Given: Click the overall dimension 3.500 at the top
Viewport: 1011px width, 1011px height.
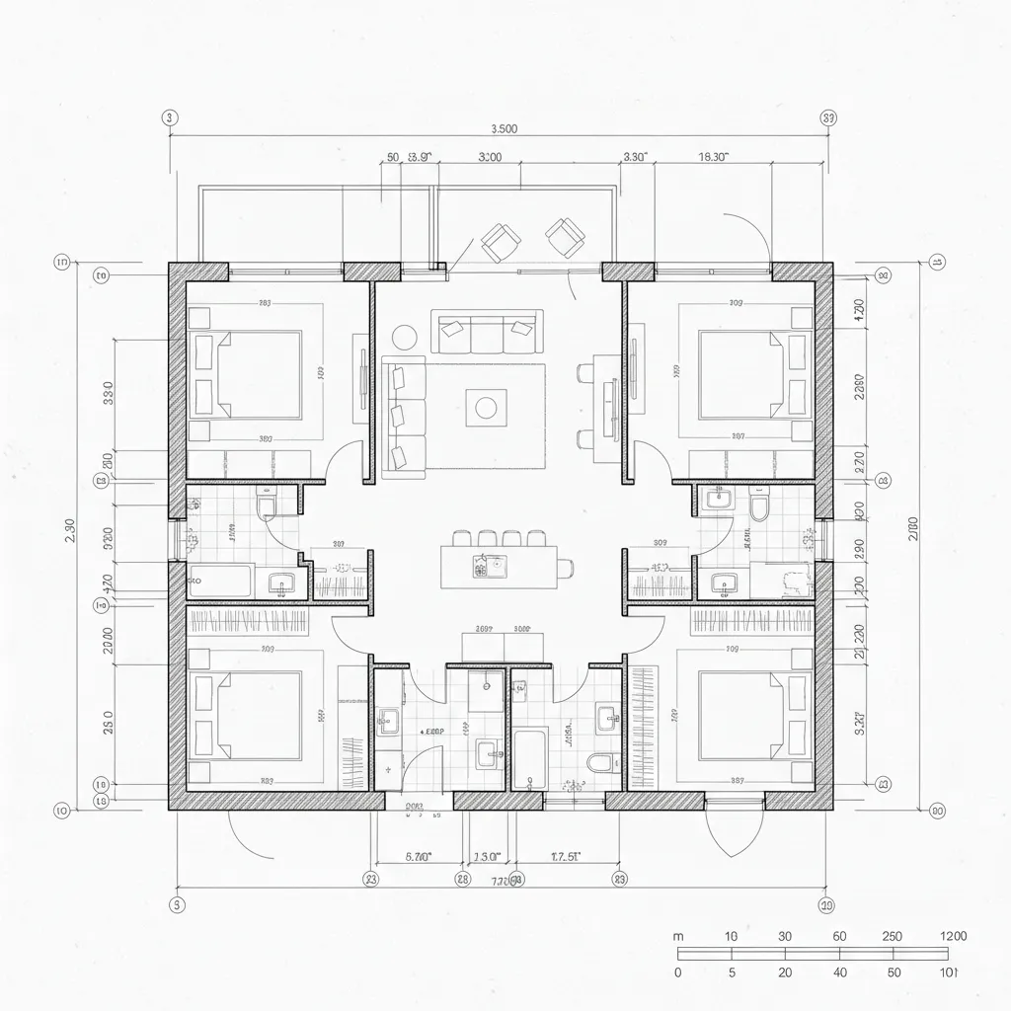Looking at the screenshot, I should pyautogui.click(x=504, y=127).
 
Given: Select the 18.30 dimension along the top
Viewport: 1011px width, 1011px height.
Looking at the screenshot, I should pyautogui.click(x=713, y=156).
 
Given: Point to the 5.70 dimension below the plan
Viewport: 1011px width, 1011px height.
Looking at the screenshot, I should pyautogui.click(x=420, y=857).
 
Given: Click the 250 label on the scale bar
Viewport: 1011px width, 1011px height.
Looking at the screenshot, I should pyautogui.click(x=892, y=936).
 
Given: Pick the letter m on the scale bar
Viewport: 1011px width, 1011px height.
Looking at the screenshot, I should pyautogui.click(x=678, y=936).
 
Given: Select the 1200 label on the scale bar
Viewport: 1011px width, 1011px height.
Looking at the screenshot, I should pyautogui.click(x=952, y=936).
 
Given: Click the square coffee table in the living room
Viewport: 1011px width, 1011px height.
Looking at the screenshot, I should pyautogui.click(x=485, y=405).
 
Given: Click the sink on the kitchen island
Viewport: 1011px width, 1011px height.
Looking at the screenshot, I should pyautogui.click(x=490, y=567).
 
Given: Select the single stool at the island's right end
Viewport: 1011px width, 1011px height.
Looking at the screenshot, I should pyautogui.click(x=566, y=567).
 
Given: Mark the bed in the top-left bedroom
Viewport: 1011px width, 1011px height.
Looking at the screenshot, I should pyautogui.click(x=259, y=375).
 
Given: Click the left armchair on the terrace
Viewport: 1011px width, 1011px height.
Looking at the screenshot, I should pyautogui.click(x=501, y=240).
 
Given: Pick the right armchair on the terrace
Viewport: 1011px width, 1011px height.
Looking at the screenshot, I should pyautogui.click(x=567, y=234).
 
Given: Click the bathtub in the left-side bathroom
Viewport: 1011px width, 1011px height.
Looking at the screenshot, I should pyautogui.click(x=220, y=581).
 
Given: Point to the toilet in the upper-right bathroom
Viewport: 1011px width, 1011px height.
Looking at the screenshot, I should pyautogui.click(x=759, y=509).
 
